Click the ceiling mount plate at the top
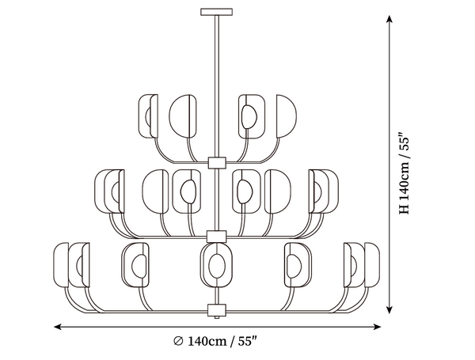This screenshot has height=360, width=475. tap(217, 12)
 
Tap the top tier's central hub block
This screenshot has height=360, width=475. tap(217, 162)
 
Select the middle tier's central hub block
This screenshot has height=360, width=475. tap(217, 237)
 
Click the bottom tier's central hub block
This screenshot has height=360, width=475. tap(217, 310)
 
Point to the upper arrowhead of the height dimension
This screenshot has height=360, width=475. tap(389, 19)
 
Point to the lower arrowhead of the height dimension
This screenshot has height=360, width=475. tap(389, 309)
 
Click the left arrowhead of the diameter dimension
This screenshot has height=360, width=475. tap(58, 327)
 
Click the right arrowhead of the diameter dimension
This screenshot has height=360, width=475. tap(377, 327)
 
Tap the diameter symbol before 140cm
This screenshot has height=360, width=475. tap(178, 341)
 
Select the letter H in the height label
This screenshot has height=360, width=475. tap(404, 209)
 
